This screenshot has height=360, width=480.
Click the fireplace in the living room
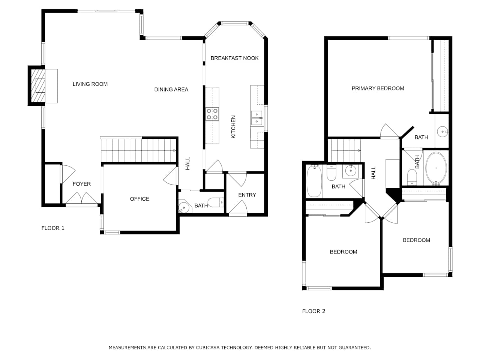tap(38, 85)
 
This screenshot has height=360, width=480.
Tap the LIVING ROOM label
tap(90, 84)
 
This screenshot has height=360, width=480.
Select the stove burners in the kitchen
tap(212, 114)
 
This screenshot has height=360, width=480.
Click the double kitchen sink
tap(257, 118)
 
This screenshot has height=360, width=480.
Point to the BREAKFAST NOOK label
tap(234, 58)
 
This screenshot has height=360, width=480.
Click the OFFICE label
tap(139, 199)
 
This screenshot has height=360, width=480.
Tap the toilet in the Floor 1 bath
tap(216, 202)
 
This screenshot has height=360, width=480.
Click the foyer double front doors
tap(82, 198)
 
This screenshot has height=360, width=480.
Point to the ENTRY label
tap(247, 195)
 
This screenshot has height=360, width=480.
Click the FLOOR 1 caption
tap(53, 228)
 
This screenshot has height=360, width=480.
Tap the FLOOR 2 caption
tap(313, 311)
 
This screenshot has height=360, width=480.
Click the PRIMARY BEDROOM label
tap(378, 88)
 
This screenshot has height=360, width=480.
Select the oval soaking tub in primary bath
tap(436, 168)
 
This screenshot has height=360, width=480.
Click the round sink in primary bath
tap(442, 132)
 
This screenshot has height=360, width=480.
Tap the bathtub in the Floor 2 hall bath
tap(314, 181)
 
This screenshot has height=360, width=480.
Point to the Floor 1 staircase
tap(138, 150)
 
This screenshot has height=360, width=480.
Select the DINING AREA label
tap(171, 90)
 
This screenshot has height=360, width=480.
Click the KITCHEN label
tap(233, 127)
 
